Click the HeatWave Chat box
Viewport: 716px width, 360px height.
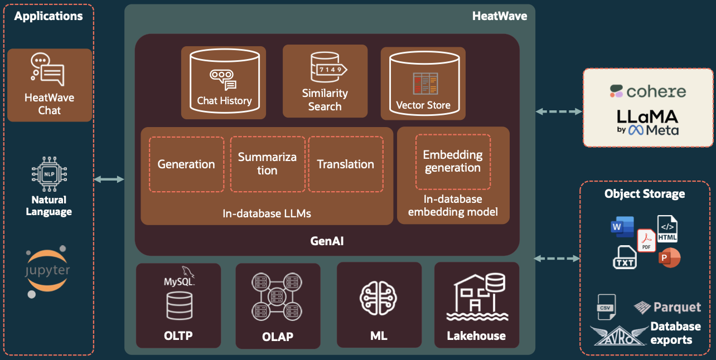point(50,85)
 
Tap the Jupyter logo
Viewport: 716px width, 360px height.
point(47,271)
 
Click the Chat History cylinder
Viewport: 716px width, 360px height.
point(224,81)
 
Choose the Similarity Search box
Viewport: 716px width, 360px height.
point(325,81)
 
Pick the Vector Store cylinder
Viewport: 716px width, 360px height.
point(423,82)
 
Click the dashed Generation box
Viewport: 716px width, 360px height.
point(186,164)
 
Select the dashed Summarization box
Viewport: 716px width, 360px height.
point(267,164)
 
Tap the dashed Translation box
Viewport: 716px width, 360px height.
point(346,164)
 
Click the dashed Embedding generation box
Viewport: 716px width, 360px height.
point(452,162)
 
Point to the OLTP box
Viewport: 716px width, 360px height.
point(178,305)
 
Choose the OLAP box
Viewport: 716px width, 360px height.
point(278,305)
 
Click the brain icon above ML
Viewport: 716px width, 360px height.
point(379,299)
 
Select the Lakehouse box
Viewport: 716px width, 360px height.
point(476,305)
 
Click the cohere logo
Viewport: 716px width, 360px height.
point(647,91)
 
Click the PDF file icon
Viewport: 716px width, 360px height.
point(646,240)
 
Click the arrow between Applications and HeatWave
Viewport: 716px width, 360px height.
point(109,179)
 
